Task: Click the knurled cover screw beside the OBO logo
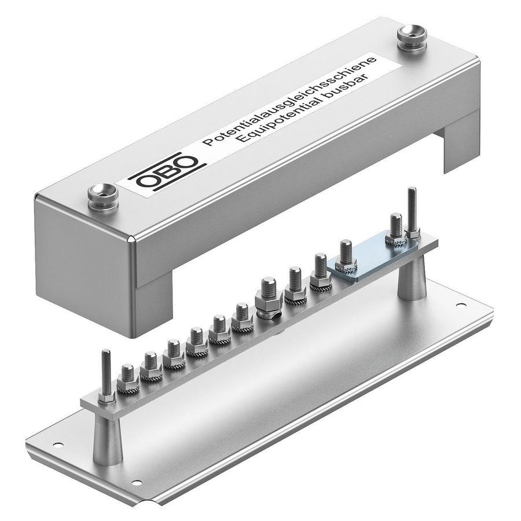102,196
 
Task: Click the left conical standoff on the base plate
107,439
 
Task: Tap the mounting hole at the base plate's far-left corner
57,445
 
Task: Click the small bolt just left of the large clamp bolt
243,317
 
